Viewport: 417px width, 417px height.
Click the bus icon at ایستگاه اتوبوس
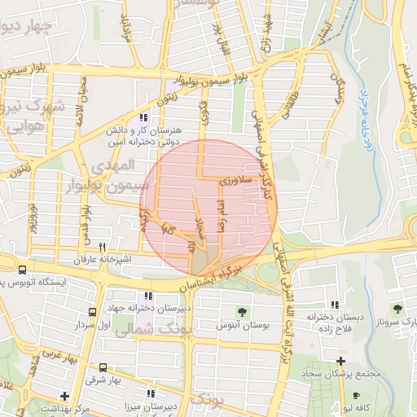21,270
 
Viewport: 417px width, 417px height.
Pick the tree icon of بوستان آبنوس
243,311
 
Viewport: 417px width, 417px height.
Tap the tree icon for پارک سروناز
397,309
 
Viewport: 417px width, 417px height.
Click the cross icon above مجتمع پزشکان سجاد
340,360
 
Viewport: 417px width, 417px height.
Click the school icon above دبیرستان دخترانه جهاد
147,296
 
